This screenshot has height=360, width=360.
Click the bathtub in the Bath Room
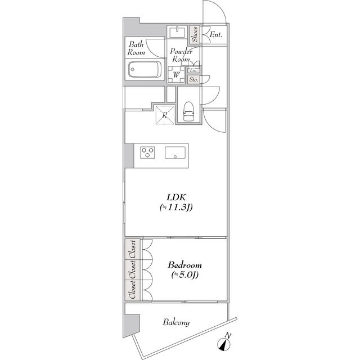pyautogui.click(x=145, y=69)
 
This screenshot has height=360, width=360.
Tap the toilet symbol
pyautogui.click(x=188, y=111)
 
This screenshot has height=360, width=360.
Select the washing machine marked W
pyautogui.click(x=176, y=74)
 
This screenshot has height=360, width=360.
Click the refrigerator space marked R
pyautogui.click(x=165, y=115)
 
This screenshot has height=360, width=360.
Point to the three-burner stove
pyautogui.click(x=147, y=152)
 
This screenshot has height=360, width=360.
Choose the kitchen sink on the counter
pyautogui.click(x=175, y=152)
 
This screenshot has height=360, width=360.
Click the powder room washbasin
pyautogui.click(x=177, y=31)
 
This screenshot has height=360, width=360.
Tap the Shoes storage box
pyautogui.click(x=195, y=34)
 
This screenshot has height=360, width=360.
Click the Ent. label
pyautogui.click(x=216, y=35)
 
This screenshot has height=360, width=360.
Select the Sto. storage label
pyautogui.click(x=193, y=80)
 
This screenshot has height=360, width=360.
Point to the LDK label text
pyautogui.click(x=176, y=197)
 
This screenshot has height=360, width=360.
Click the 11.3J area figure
pyautogui.click(x=176, y=208)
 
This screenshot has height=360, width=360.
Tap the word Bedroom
pyautogui.click(x=185, y=265)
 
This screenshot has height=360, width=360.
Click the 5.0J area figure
pyautogui.click(x=185, y=275)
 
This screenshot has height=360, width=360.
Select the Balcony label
pyautogui.click(x=176, y=322)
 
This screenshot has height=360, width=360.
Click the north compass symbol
pyautogui.click(x=224, y=342)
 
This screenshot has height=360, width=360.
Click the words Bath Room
pyautogui.click(x=136, y=48)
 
